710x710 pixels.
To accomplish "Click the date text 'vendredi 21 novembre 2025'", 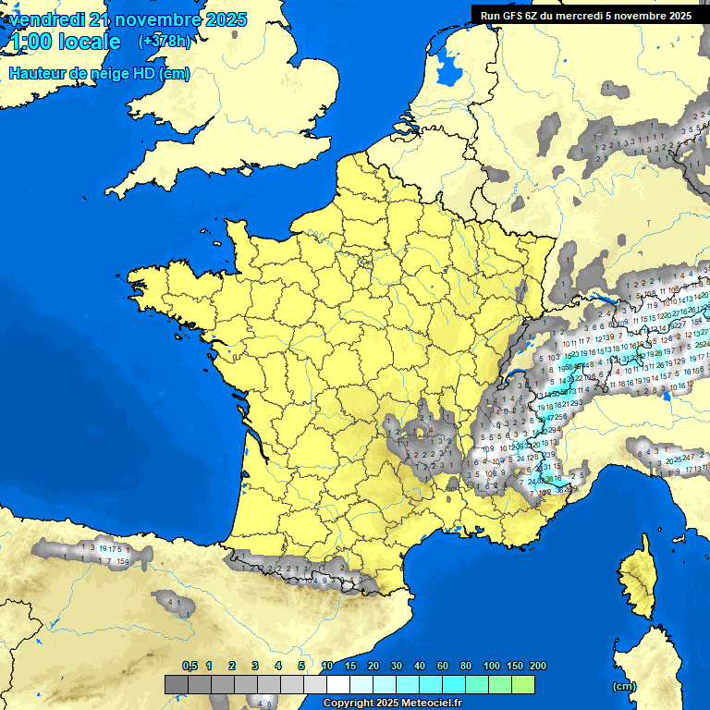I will click(x=128, y=19).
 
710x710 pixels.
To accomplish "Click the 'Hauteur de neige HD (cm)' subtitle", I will click(x=99, y=73).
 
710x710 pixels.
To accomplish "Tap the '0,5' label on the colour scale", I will click(x=190, y=666).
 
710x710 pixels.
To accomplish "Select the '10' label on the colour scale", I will click(x=327, y=666).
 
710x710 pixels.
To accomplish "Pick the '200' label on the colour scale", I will click(x=538, y=666).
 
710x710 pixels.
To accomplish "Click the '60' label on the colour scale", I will click(x=443, y=666).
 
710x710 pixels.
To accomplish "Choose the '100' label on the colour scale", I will click(x=491, y=666).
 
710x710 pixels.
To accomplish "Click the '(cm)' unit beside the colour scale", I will click(x=624, y=686).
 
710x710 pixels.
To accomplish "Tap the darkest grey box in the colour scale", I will click(x=176, y=684).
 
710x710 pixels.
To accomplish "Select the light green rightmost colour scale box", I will click(x=523, y=684).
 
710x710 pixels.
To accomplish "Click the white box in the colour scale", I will click(x=338, y=684).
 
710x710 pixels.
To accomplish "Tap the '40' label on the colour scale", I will click(x=420, y=666).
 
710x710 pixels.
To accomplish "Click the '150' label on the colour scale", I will click(x=515, y=666).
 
